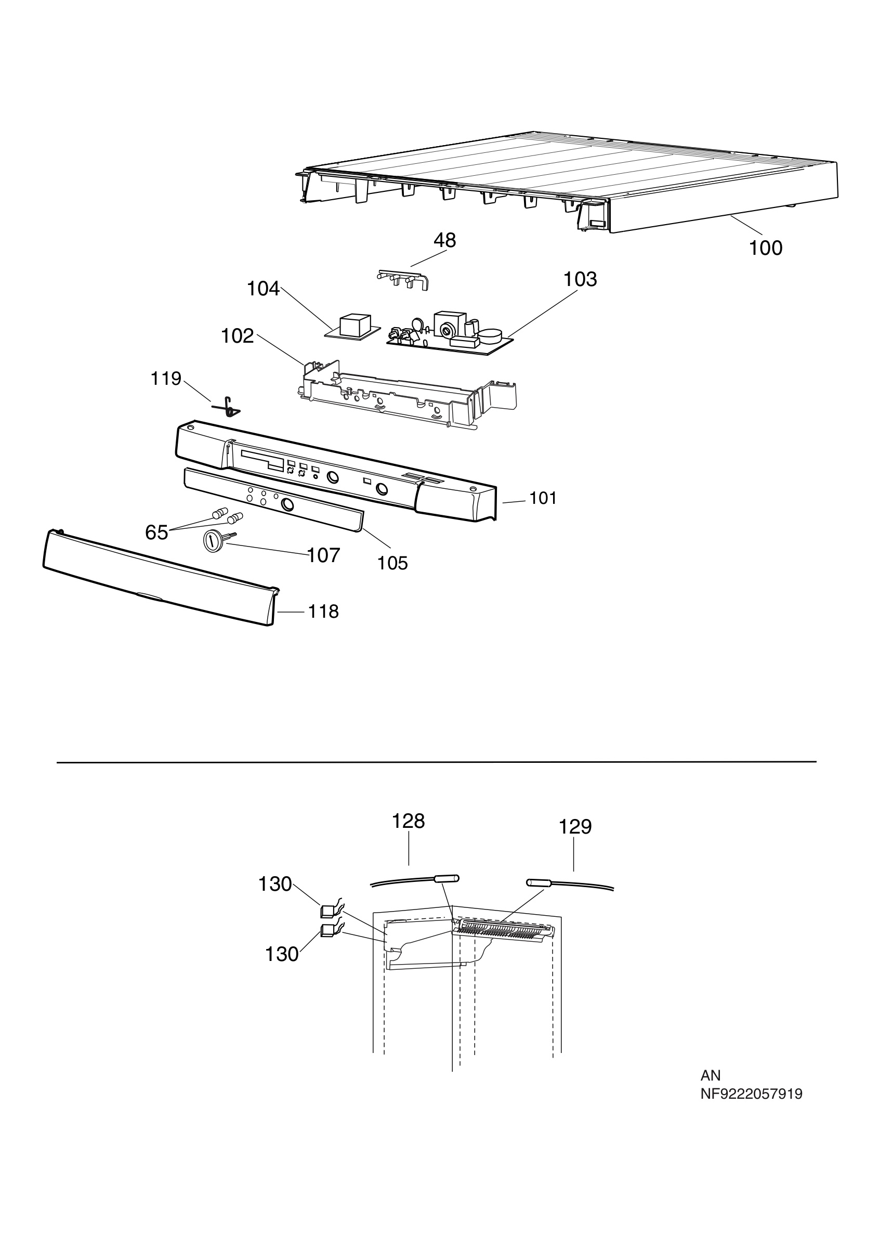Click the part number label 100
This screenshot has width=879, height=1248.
point(766,249)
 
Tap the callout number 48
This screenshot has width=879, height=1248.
point(445,240)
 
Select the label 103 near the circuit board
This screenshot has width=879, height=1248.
point(580,279)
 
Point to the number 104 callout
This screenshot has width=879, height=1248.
point(264,289)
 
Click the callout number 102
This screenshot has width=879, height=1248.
point(238,336)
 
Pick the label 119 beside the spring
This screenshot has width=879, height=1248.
point(166,379)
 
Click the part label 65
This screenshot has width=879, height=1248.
point(156,532)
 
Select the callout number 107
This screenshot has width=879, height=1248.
point(324,555)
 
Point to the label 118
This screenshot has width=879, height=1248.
point(324,612)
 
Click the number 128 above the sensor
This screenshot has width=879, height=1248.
point(409,821)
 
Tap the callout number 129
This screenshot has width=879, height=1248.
point(575,827)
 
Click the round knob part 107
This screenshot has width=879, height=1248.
point(213,542)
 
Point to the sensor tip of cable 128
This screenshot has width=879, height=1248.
point(447,878)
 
